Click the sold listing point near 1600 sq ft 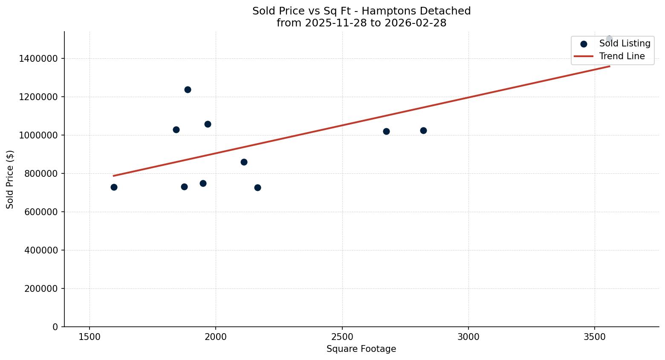(114, 187)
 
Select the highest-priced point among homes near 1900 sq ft (188, 89)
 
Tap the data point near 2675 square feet (386, 131)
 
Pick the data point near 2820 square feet (423, 130)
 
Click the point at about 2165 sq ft (257, 187)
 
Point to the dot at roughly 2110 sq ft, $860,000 (244, 162)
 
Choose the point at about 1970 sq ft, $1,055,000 (208, 124)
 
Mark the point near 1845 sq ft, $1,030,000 (176, 130)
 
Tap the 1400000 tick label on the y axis (38, 59)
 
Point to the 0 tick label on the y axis (55, 327)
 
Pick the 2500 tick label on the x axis (342, 337)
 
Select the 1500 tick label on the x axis (90, 337)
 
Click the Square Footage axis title (361, 349)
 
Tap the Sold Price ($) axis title (10, 179)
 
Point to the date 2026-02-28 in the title (415, 23)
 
